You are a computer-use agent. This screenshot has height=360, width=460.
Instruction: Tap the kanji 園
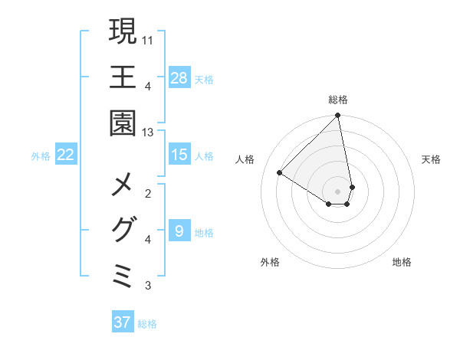tap(123, 123)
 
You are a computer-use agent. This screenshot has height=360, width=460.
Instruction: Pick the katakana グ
tap(123, 230)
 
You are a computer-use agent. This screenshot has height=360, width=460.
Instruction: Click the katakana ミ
tap(123, 276)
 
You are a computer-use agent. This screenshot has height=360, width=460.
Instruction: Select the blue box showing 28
tap(179, 78)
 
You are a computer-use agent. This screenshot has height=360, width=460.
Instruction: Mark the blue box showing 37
tap(123, 322)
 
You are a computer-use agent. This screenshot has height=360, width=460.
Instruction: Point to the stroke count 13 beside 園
tap(148, 133)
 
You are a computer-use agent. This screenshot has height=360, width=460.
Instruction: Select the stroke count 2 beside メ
tap(148, 193)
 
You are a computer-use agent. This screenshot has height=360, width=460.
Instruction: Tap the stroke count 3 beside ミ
tap(148, 286)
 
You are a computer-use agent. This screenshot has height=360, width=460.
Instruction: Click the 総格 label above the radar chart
tap(338, 100)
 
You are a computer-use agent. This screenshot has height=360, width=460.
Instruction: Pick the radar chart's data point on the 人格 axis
tap(280, 173)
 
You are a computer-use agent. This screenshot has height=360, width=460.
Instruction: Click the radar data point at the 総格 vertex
tap(338, 116)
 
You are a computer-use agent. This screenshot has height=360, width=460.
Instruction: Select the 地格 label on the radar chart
tap(402, 262)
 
